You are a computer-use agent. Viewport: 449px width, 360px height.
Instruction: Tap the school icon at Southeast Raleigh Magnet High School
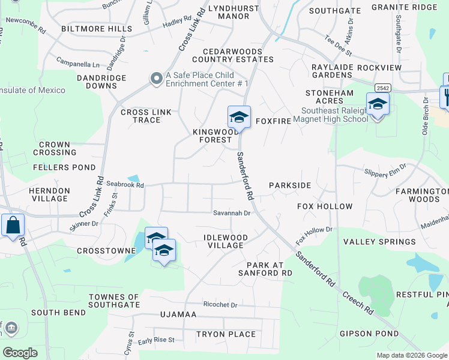tap(378, 104)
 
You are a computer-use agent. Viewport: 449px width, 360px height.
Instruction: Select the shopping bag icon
tap(13, 226)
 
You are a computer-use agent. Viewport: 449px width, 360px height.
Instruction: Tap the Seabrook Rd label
tap(125, 185)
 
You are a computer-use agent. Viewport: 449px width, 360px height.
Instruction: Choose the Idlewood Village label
tap(224, 241)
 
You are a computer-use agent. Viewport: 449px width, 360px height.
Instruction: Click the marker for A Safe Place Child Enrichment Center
tap(157, 79)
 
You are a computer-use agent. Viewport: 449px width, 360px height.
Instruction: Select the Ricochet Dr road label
tap(220, 305)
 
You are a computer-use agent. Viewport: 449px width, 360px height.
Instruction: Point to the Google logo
tap(20, 352)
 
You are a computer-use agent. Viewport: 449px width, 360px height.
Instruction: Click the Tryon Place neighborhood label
tap(226, 334)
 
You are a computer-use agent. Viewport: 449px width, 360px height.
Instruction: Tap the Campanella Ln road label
tap(78, 62)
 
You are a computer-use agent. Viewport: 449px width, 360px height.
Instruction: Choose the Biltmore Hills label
tap(96, 29)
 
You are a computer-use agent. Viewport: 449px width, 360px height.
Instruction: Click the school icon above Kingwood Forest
tap(238, 116)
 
